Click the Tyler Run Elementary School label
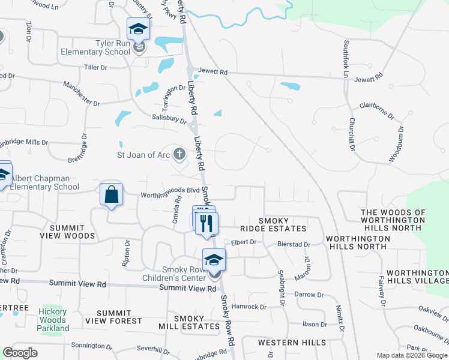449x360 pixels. (95, 47)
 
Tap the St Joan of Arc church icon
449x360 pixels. (179, 154)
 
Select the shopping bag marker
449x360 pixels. (112, 194)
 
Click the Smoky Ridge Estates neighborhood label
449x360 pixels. (282, 225)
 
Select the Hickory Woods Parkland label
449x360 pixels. (53, 320)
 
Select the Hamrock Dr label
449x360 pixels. (249, 307)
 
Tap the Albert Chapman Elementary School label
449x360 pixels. (45, 182)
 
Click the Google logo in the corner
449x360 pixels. (20, 353)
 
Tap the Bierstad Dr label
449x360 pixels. (294, 245)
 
